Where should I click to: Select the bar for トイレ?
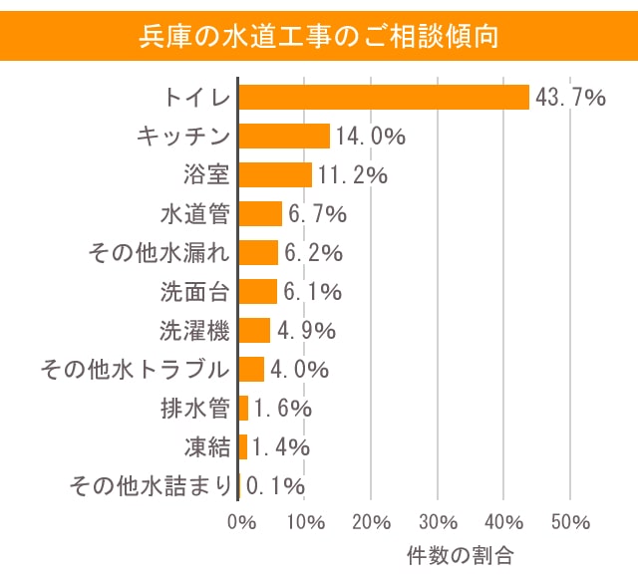click(384, 97)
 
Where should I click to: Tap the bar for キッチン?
click(284, 136)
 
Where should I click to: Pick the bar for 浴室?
click(275, 174)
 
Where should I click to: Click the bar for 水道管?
click(260, 213)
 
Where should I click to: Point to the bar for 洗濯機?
click(254, 330)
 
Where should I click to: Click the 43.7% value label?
click(570, 97)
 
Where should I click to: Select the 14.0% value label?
click(370, 136)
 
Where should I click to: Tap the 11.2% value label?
click(352, 174)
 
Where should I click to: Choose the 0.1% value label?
click(274, 486)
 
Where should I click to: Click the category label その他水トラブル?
click(135, 369)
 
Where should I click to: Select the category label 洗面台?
click(194, 291)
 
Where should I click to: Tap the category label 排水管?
click(194, 409)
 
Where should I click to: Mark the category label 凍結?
click(207, 447)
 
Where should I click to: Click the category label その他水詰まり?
click(150, 486)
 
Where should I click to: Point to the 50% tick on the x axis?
click(569, 522)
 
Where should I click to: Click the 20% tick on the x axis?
click(371, 522)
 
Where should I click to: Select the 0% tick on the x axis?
click(242, 522)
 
